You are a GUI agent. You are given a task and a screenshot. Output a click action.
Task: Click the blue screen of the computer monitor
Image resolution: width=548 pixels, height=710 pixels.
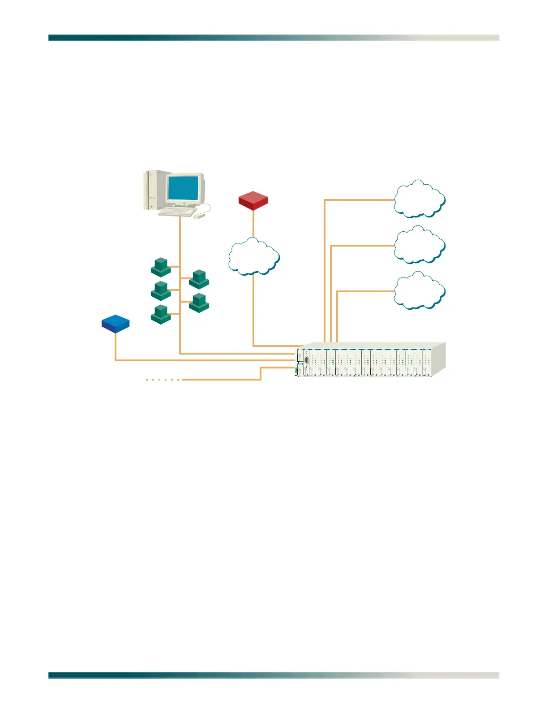point(183,188)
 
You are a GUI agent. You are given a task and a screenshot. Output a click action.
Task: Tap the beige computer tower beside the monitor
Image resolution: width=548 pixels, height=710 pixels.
point(153,190)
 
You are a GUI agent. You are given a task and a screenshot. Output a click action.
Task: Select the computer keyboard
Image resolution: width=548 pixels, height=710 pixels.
point(177,212)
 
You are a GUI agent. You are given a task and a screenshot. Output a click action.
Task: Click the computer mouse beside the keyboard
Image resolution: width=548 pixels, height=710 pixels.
point(199,216)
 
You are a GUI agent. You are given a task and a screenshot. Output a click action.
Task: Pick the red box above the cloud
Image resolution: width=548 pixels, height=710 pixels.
point(253,200)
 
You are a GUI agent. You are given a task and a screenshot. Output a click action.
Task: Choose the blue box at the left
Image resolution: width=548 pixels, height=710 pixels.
point(116,323)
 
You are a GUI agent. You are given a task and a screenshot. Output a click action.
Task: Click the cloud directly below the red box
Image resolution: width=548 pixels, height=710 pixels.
point(254,256)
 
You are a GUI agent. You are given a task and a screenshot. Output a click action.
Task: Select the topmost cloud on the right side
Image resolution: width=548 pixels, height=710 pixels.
point(419,199)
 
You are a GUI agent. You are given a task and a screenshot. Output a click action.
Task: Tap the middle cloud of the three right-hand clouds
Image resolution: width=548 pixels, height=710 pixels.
point(419,245)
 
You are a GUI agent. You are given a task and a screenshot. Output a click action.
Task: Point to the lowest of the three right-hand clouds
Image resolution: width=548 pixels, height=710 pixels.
point(419,291)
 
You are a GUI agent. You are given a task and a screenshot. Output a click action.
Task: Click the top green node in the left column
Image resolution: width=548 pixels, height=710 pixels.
point(161,267)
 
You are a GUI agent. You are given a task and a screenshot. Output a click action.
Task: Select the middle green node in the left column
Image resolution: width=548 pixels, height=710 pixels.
point(161,291)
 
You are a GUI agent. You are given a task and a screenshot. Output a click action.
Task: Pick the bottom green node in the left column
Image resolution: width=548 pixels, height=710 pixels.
point(161,314)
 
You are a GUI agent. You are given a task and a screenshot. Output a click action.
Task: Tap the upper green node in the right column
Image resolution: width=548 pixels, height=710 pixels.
point(199,279)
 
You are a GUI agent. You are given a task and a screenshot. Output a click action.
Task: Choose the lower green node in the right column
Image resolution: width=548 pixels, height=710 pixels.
point(199,303)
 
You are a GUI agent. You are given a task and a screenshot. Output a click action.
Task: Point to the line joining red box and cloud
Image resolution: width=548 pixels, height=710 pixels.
point(253,223)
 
